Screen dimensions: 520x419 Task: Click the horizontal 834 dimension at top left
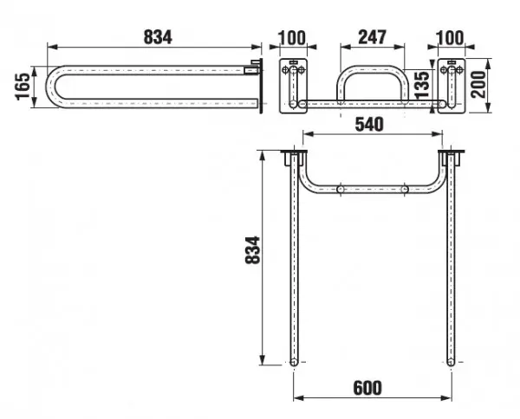pyautogui.click(x=158, y=37)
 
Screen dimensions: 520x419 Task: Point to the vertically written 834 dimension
pyautogui.click(x=253, y=250)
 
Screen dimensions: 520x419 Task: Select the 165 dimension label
pyautogui.click(x=23, y=87)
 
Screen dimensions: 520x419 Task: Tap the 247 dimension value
pyautogui.click(x=372, y=37)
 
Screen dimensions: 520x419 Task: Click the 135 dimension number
pyautogui.click(x=422, y=85)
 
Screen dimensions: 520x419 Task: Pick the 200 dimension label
pyautogui.click(x=478, y=85)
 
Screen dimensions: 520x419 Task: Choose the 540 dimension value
pyautogui.click(x=369, y=125)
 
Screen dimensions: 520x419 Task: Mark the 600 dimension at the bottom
pyautogui.click(x=367, y=388)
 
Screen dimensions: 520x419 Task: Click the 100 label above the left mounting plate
pyautogui.click(x=292, y=38)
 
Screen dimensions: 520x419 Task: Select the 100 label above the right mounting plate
pyautogui.click(x=450, y=38)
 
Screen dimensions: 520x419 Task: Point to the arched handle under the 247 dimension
pyautogui.click(x=373, y=84)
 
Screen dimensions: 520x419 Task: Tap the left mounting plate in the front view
pyautogui.click(x=293, y=86)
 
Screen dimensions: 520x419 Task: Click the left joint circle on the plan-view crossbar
pyautogui.click(x=341, y=190)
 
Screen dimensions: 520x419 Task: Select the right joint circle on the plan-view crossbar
pyautogui.click(x=404, y=190)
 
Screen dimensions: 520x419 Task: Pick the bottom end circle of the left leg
pyautogui.click(x=294, y=362)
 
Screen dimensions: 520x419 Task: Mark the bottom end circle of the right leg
pyautogui.click(x=451, y=362)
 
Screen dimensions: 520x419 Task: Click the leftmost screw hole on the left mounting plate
pyautogui.click(x=285, y=70)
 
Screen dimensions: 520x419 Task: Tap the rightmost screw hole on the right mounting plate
pyautogui.click(x=459, y=70)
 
